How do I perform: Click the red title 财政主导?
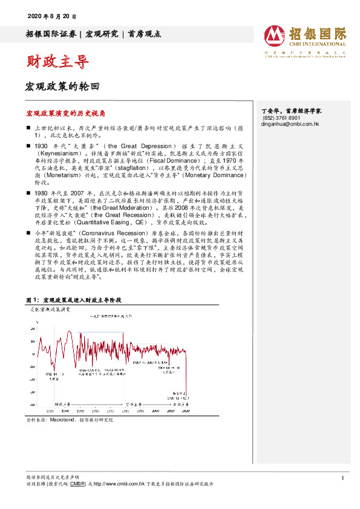coord(57,62)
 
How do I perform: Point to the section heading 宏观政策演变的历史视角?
coord(66,113)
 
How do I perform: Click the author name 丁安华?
coord(270,111)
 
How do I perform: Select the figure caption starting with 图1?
coord(75,300)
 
